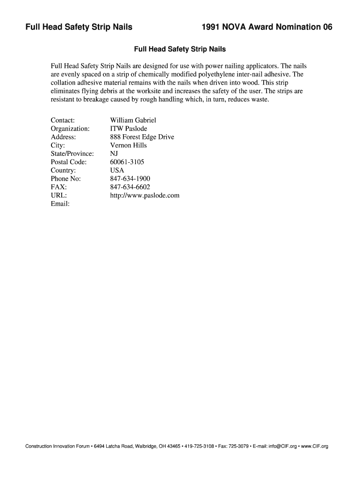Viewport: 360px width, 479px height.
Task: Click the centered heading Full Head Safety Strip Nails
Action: [x=180, y=49]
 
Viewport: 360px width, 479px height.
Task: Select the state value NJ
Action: [x=114, y=154]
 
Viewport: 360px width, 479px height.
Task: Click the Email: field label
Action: [x=60, y=204]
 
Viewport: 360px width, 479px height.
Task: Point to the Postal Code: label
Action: [x=69, y=162]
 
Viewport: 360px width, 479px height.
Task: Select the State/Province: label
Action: [x=72, y=154]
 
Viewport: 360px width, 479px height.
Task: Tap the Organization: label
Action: [x=70, y=129]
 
